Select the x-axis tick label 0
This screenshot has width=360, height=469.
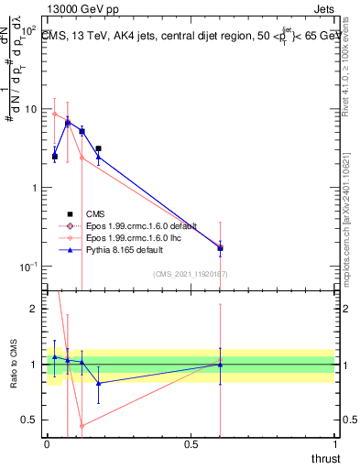pos(47,444)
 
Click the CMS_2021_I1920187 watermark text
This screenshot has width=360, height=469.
pos(191,274)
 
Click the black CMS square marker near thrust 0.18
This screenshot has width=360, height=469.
pos(98,148)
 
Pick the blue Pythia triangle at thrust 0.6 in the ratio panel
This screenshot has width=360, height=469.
pos(220,365)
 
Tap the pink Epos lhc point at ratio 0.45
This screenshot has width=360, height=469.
pos(82,425)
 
